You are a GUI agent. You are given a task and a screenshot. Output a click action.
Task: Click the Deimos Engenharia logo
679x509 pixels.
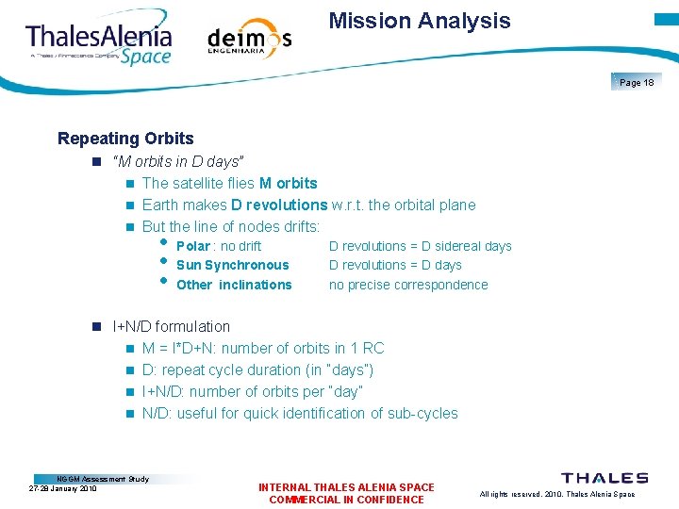pyautogui.click(x=249, y=41)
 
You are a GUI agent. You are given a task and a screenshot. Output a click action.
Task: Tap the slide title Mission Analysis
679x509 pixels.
pyautogui.click(x=420, y=21)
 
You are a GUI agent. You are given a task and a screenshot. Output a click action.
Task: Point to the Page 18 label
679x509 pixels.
pyautogui.click(x=637, y=83)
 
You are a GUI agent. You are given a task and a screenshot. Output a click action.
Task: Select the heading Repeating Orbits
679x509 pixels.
pyautogui.click(x=125, y=139)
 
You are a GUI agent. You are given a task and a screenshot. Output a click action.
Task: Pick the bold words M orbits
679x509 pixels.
pyautogui.click(x=288, y=183)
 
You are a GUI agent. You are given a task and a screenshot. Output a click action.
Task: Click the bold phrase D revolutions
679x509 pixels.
pyautogui.click(x=279, y=205)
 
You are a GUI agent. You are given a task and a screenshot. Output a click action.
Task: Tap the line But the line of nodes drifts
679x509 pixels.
pyautogui.click(x=231, y=226)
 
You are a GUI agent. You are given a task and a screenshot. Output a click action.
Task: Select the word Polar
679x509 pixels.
pyautogui.click(x=193, y=246)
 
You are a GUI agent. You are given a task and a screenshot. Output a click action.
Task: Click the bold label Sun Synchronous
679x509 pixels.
pyautogui.click(x=232, y=265)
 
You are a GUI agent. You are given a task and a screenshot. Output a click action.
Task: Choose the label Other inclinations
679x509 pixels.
pyautogui.click(x=234, y=285)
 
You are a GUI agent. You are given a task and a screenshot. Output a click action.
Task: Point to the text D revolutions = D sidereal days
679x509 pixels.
pyautogui.click(x=420, y=246)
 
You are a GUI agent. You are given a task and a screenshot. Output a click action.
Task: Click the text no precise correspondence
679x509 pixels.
pyautogui.click(x=408, y=285)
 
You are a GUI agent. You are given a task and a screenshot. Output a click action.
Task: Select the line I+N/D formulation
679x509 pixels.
pyautogui.click(x=171, y=326)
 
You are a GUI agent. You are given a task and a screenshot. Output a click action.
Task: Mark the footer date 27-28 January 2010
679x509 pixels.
pyautogui.click(x=63, y=488)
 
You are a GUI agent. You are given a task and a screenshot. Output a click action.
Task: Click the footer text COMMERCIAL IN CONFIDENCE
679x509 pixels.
pyautogui.click(x=346, y=500)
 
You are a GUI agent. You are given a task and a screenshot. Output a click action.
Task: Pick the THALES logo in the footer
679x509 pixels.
pyautogui.click(x=604, y=479)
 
